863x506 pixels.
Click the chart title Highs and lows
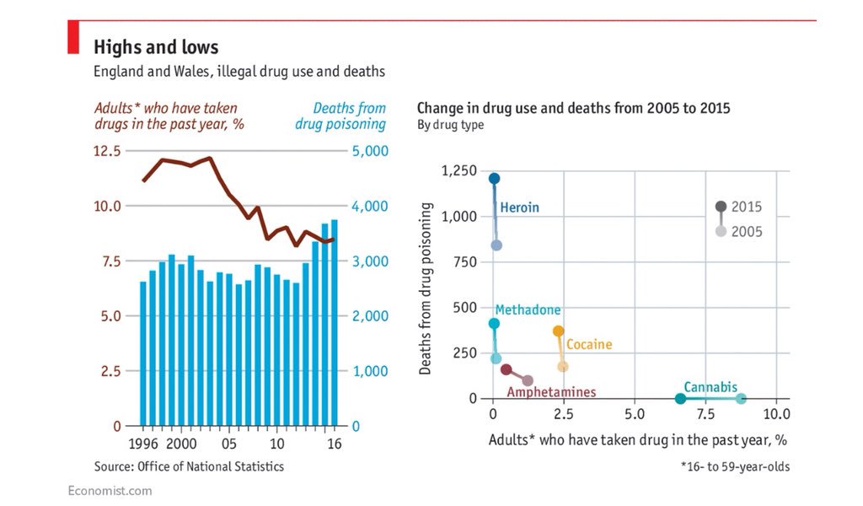tap(156, 46)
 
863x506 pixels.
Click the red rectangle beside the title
tap(72, 39)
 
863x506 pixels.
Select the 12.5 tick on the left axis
tap(107, 151)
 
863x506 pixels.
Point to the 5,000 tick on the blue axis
tap(368, 151)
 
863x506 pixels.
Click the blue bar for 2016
tap(335, 322)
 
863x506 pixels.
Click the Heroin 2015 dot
tap(494, 179)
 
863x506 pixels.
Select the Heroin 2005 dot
tap(496, 245)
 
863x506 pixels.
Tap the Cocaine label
tap(589, 344)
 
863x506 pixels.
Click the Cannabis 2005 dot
tap(741, 399)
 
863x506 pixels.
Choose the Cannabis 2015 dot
tap(681, 399)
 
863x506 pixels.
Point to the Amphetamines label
tap(551, 392)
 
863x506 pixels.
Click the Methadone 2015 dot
tap(494, 324)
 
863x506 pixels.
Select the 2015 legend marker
tap(721, 207)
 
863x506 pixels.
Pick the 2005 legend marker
tap(721, 231)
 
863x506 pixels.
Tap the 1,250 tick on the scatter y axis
tap(458, 171)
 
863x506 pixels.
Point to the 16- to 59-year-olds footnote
tap(736, 466)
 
